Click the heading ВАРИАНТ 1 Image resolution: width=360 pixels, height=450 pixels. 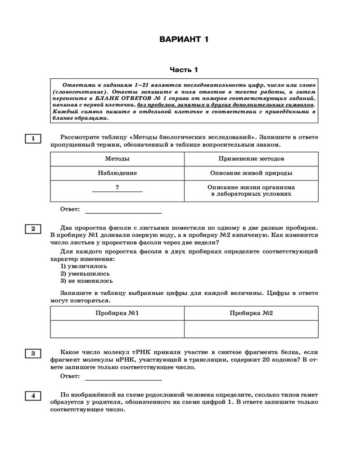[184, 39]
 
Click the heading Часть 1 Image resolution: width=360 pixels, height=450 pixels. [184, 70]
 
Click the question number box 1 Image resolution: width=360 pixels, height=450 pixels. [33, 139]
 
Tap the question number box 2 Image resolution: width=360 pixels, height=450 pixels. [33, 229]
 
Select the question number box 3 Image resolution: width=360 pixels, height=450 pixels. [33, 353]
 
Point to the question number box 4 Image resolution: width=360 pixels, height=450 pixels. [33, 396]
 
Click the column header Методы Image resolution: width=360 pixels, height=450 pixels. [117, 159]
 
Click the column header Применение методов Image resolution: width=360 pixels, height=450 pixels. [251, 159]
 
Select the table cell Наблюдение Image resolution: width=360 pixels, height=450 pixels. [117, 173]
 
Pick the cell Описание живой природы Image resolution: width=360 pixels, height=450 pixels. [251, 173]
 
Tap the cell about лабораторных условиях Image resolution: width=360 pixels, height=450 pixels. [251, 191]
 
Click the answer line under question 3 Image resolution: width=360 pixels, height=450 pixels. [123, 376]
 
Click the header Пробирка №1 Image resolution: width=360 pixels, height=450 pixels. [117, 313]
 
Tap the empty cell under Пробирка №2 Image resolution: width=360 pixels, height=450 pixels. [251, 329]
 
